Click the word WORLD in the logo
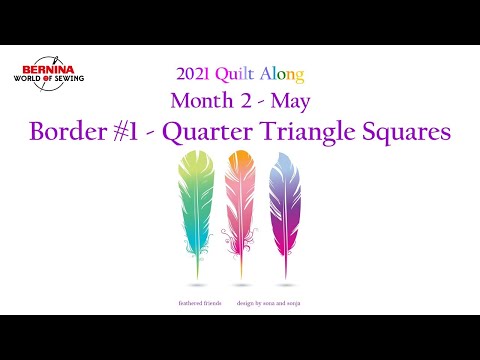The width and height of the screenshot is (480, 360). (x=33, y=80)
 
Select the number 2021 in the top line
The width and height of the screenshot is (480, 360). (x=194, y=74)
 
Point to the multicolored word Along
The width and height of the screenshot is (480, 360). (x=281, y=74)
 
